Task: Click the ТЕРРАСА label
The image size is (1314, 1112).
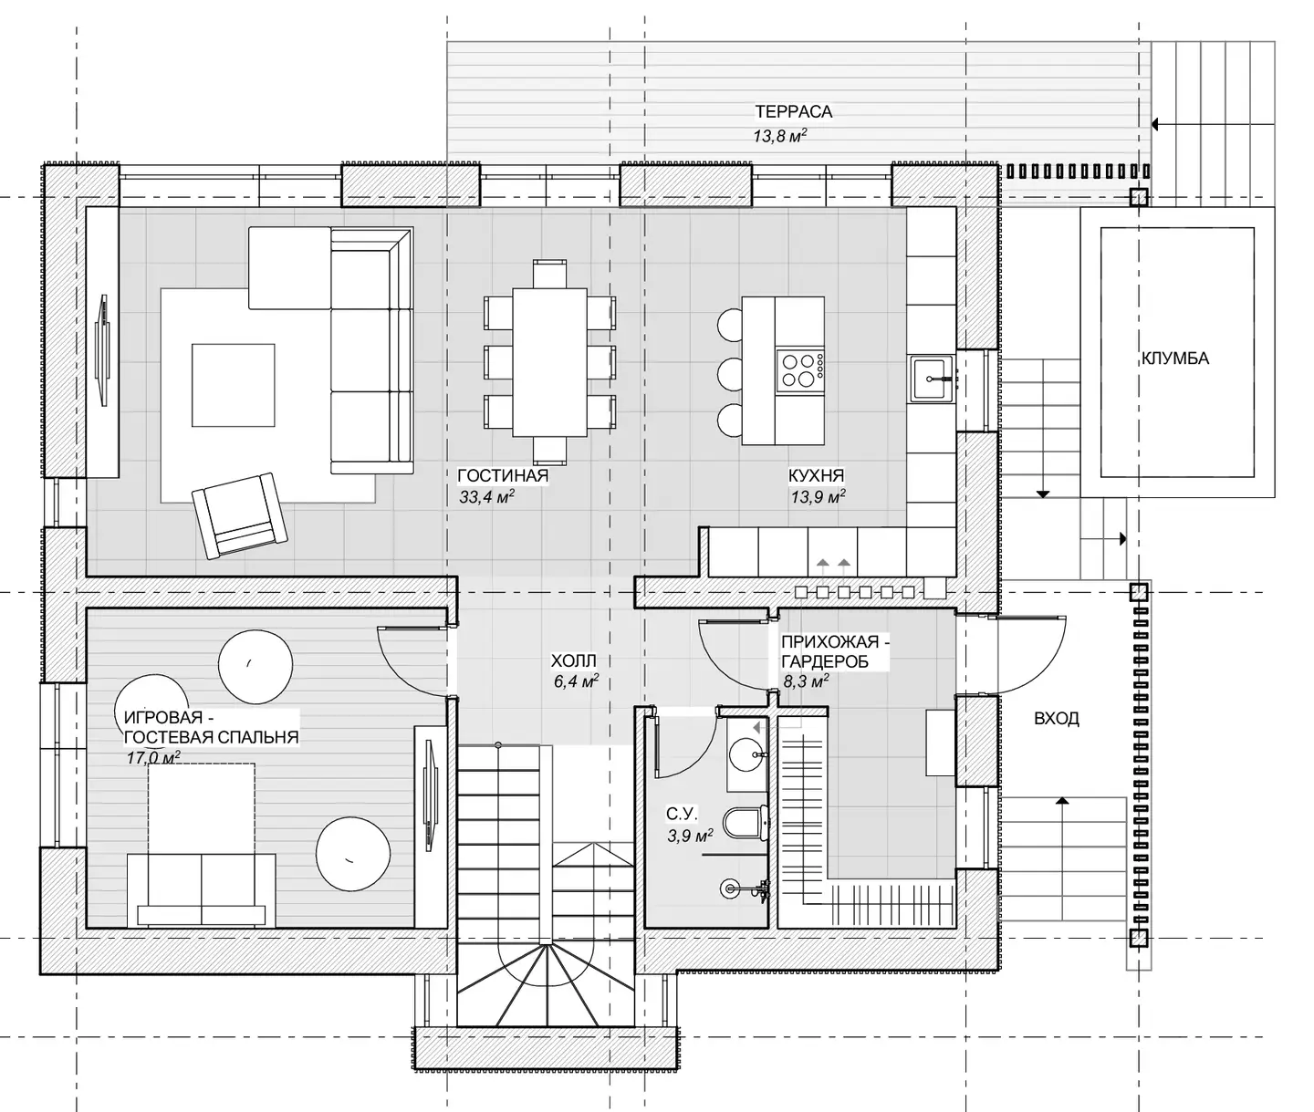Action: point(793,112)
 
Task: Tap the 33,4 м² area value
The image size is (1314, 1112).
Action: point(487,496)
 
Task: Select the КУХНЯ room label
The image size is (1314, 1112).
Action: point(817,475)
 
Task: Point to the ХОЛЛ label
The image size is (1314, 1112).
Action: point(574,660)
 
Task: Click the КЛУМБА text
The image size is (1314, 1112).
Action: point(1175,359)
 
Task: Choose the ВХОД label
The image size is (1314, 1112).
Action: point(1057,719)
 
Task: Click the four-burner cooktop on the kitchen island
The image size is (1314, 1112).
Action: point(799,369)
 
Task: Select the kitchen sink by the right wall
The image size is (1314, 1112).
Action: point(933,379)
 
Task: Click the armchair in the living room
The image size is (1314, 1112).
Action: point(240,516)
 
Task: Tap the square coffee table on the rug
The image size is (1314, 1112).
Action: point(234,385)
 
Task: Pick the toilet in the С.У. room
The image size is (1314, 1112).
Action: point(746,822)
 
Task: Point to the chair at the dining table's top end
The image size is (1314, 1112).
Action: point(550,274)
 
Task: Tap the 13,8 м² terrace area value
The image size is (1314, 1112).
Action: point(780,135)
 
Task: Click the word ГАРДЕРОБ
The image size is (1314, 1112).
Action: point(825,660)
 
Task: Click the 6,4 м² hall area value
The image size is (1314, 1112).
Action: point(577,682)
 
